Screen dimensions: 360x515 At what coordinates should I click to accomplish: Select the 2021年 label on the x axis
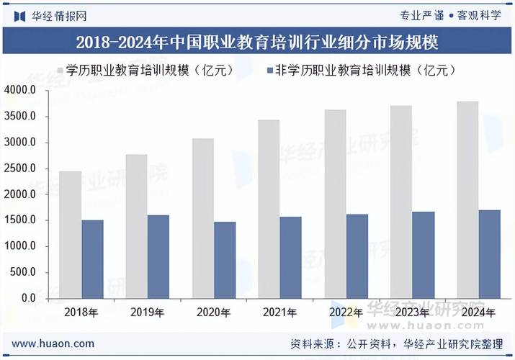tap(280, 312)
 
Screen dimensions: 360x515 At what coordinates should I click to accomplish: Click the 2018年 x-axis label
tap(81, 312)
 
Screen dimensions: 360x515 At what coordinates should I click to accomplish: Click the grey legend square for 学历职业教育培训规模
tap(60, 71)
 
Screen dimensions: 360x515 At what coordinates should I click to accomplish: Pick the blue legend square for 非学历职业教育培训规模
tap(271, 71)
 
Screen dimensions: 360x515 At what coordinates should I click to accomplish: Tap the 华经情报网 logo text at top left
tap(50, 15)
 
